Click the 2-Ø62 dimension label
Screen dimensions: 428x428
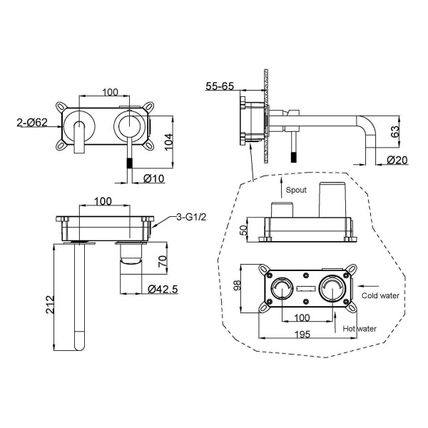point(32,122)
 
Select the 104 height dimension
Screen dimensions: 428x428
point(168,141)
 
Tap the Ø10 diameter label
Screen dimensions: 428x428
point(153,178)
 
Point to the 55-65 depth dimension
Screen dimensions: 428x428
point(220,86)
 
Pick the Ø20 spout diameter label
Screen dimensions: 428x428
point(397,160)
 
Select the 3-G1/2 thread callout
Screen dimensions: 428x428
point(191,217)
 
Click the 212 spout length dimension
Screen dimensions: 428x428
point(50,305)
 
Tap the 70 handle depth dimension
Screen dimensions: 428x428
point(163,261)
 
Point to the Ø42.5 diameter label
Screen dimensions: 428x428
point(163,289)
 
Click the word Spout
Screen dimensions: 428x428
point(296,190)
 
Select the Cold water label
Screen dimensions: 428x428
point(380,295)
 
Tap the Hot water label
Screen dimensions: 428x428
point(360,329)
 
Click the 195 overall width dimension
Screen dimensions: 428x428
point(302,334)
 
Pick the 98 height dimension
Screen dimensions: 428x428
point(237,285)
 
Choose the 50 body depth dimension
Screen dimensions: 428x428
point(244,230)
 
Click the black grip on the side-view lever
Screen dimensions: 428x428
point(294,157)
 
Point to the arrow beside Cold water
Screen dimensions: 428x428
point(368,286)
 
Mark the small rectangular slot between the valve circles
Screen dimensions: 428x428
point(307,288)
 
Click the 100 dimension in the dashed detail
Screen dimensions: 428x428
point(302,317)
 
